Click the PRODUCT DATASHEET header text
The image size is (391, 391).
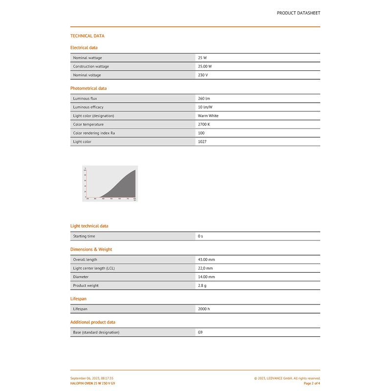298,13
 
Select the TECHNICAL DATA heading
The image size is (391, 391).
87,36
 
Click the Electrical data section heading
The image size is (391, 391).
84,48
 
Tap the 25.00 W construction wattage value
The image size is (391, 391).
205,66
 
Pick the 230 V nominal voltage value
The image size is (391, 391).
203,75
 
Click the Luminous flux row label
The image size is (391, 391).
85,99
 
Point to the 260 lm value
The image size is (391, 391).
204,99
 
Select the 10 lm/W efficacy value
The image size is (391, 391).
205,107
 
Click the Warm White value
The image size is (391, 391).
208,116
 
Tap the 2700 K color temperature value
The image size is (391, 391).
204,125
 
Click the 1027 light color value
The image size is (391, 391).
202,142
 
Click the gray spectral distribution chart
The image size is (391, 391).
110,183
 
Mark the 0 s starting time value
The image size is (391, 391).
200,237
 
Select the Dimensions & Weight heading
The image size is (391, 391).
91,250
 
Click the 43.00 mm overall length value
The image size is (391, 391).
206,260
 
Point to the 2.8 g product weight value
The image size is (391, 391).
202,286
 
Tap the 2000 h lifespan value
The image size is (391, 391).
204,309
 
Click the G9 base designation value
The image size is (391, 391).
200,332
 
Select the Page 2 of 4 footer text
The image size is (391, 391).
312,384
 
